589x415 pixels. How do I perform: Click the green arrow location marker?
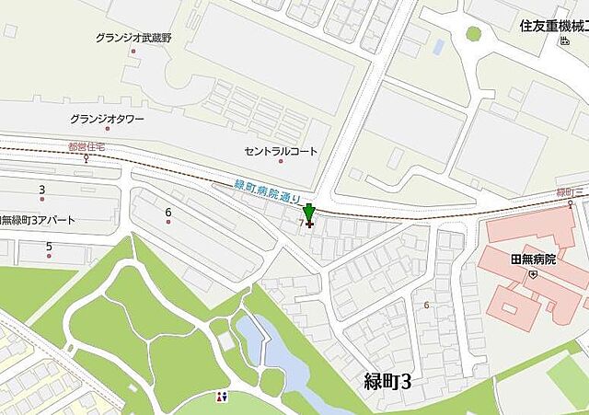[308, 214]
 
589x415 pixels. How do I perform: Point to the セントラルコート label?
[281, 151]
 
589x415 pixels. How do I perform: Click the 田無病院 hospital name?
[532, 259]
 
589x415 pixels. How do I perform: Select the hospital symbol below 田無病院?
[532, 273]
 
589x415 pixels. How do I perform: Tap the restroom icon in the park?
[221, 398]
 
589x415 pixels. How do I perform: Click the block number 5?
[49, 247]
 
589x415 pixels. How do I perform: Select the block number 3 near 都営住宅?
[41, 190]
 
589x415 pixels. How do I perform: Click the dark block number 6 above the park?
[168, 213]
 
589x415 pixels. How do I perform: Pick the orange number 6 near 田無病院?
[426, 305]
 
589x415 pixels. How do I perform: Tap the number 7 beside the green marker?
[301, 223]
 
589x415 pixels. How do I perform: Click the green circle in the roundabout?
[473, 34]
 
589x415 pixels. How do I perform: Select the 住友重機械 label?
[553, 25]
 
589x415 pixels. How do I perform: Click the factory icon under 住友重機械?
[563, 41]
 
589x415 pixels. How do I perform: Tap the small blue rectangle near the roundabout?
[437, 45]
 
